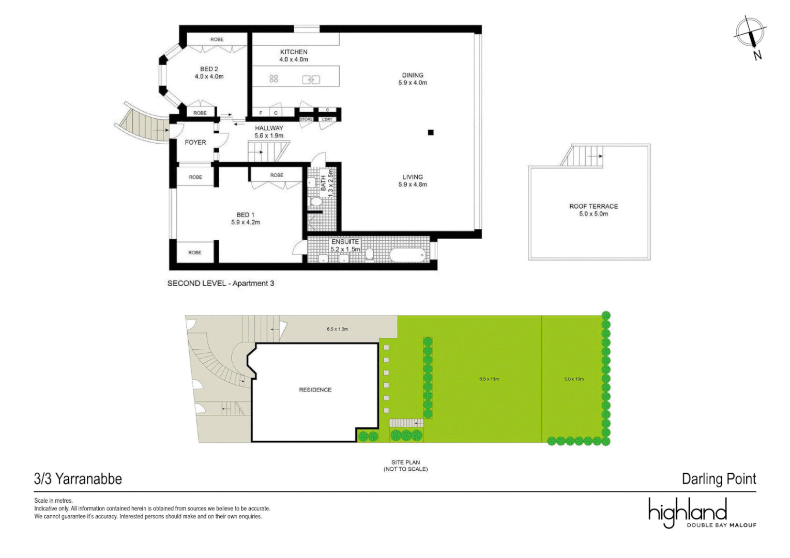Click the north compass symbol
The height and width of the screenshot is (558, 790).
point(750,34)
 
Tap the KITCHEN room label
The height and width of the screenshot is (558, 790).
point(294,52)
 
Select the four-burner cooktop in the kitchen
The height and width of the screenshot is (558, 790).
point(274,79)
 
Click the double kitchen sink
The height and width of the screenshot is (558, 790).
point(311,80)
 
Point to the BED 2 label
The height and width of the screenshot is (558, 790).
point(209,69)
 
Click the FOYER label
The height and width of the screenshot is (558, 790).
point(195,143)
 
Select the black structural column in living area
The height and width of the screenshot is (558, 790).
point(431,133)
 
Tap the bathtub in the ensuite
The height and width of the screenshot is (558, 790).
point(407,255)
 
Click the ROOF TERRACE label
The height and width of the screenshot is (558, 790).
point(594,206)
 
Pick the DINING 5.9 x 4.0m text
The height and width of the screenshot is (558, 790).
point(413,79)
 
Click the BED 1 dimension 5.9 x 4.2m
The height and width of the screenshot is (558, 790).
point(246,223)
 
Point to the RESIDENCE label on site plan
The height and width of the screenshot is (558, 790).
point(315,390)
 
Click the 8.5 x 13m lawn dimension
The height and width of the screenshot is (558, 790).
point(489,379)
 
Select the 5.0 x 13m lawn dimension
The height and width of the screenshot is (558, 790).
point(574,379)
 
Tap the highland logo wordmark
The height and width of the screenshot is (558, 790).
point(688,512)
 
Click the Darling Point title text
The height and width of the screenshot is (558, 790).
point(719,479)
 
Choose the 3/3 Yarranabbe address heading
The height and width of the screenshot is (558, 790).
point(78,479)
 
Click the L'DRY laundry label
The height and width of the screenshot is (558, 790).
point(327,119)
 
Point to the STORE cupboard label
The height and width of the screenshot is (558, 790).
point(306,119)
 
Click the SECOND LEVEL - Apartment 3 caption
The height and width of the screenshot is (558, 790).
point(221,284)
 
